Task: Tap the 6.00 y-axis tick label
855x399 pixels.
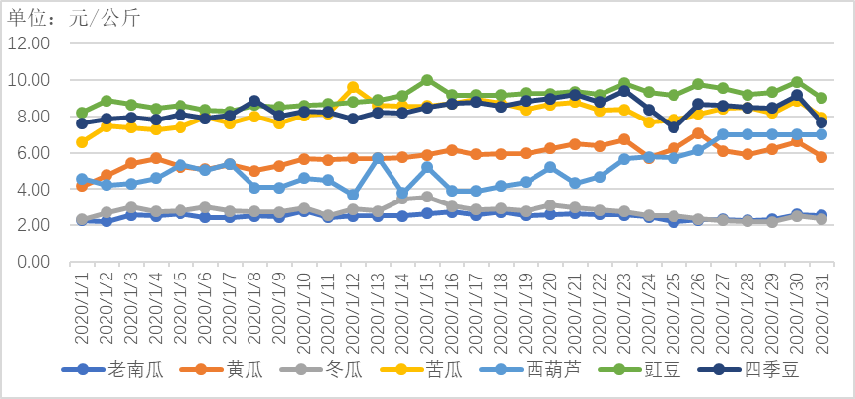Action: click(31, 153)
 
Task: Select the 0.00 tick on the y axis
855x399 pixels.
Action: click(31, 262)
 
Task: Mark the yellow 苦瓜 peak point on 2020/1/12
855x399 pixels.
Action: click(353, 88)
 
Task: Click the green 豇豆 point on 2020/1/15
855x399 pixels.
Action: click(427, 80)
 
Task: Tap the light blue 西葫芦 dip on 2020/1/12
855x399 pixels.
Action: click(353, 195)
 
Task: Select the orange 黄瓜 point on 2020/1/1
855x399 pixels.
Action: click(83, 185)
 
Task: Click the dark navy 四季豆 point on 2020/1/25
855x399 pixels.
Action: click(674, 127)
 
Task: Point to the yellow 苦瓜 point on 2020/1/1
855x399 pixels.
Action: click(83, 142)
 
